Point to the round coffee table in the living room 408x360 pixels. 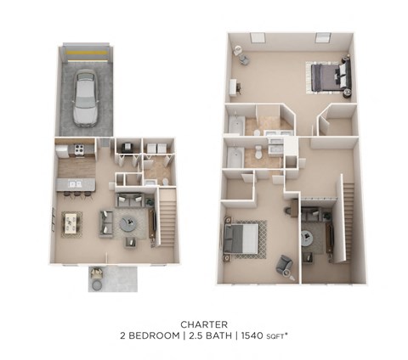click(127, 224)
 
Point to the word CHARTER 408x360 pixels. click(203, 323)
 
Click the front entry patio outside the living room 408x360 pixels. click(114, 277)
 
